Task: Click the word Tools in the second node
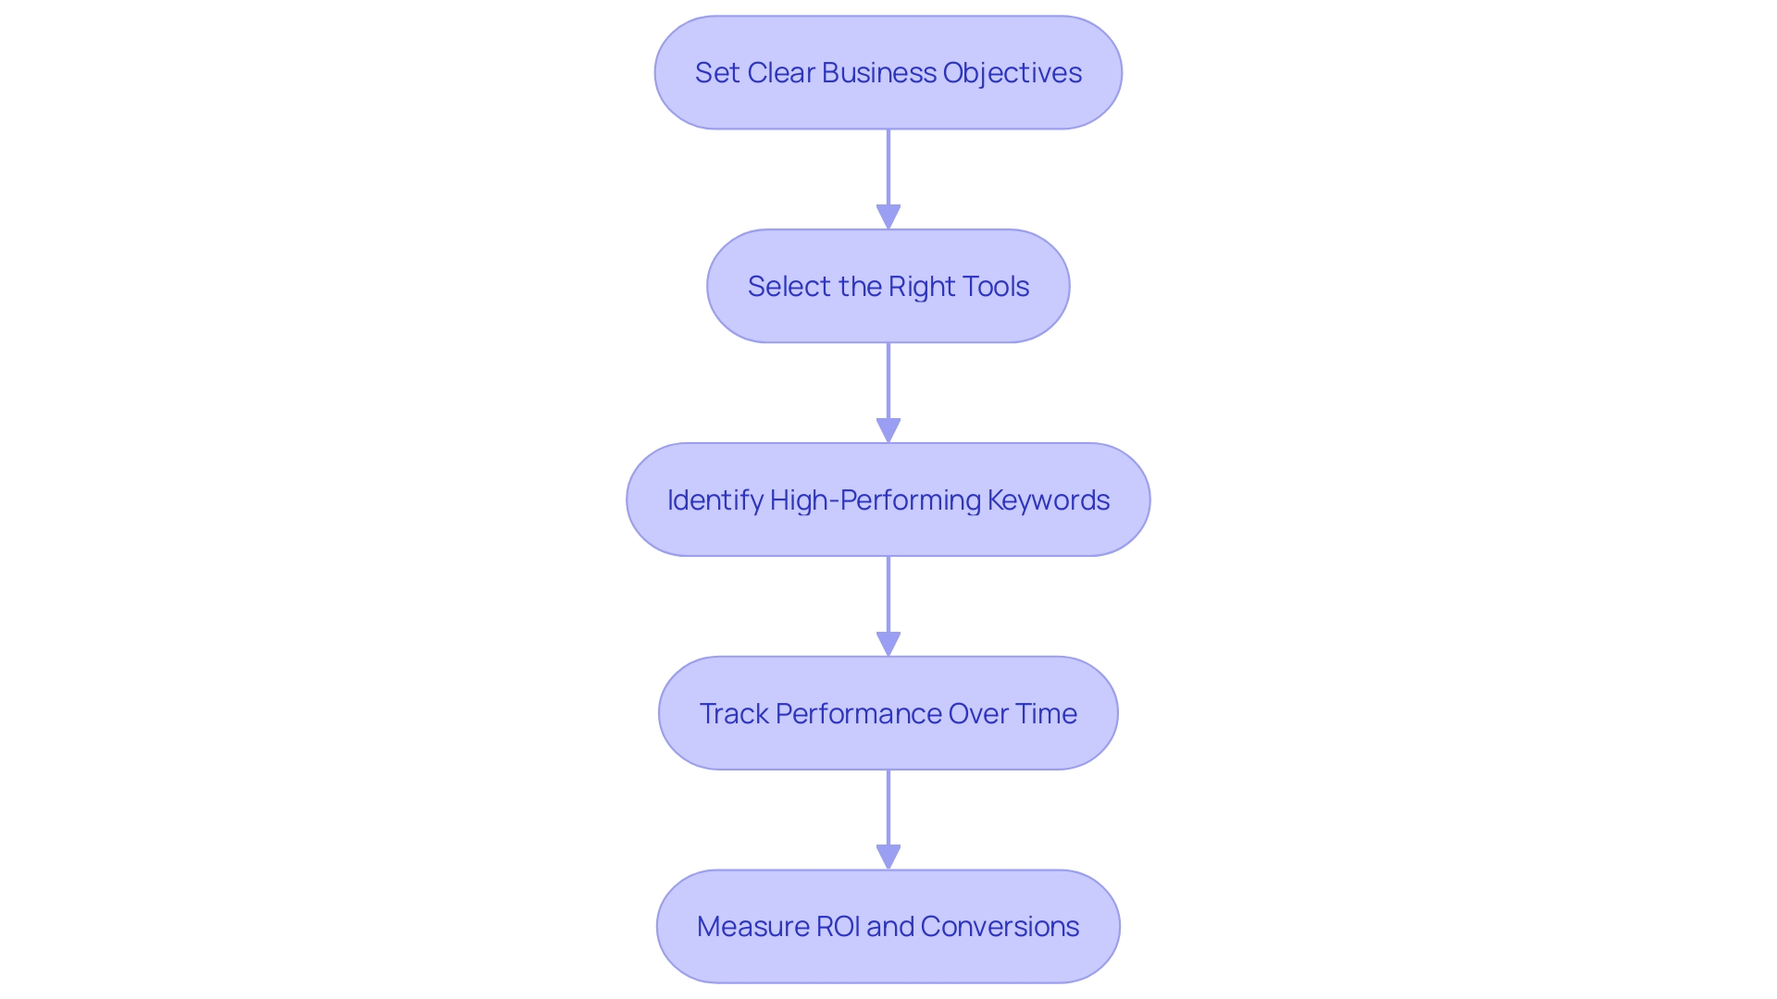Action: pos(995,287)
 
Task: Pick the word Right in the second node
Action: pos(920,287)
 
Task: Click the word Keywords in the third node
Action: pos(1048,500)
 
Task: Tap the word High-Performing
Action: pos(875,500)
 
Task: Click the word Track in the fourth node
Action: pos(734,714)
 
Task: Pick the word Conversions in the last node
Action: pos(1000,927)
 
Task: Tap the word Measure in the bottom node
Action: pos(752,927)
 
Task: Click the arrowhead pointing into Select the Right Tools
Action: pos(888,217)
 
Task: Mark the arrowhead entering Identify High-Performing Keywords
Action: pos(888,431)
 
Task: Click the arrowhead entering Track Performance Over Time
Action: pos(888,644)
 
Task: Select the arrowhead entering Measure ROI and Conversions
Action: pos(888,857)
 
